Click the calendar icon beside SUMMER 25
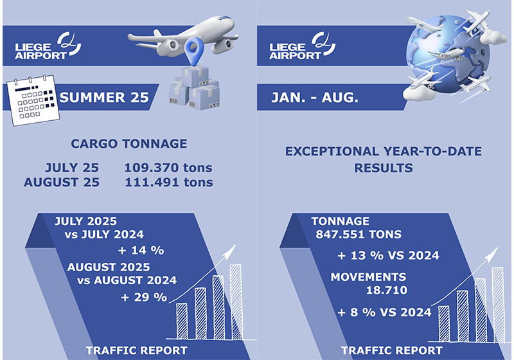pos(33,100)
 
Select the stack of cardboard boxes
pos(194,88)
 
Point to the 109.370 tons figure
pos(168,168)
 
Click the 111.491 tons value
pos(169,183)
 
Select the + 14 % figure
pos(141,251)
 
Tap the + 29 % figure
pos(144,297)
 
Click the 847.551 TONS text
pos(359,235)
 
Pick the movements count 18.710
pos(387,290)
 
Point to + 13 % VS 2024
pos(389,255)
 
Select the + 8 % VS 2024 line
pos(384,312)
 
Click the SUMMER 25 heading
pos(104,97)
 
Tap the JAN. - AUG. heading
pos(315,97)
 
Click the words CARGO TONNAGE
pos(129,143)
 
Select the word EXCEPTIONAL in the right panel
pos(332,152)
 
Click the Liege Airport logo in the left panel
pos(48,46)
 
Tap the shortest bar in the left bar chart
pos(182,321)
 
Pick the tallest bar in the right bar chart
pos(497,305)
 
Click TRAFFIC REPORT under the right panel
pos(392,350)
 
